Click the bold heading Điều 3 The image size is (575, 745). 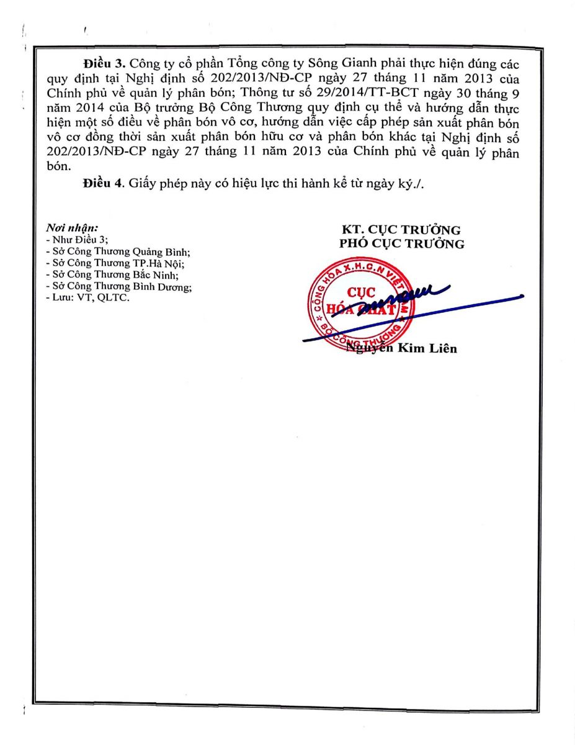104,65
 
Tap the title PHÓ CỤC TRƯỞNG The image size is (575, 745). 401,244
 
